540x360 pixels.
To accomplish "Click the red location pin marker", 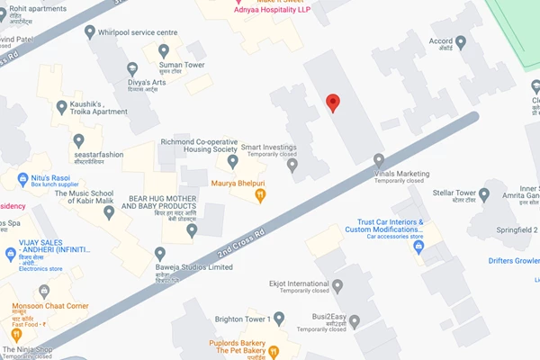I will point(332,103).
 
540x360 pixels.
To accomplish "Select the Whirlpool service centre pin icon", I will point(89,32).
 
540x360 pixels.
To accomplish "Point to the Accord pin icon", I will point(461,41).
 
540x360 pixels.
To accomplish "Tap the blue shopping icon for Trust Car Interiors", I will point(418,245).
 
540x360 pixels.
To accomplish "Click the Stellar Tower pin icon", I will point(485,193).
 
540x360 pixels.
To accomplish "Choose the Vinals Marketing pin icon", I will point(379,160).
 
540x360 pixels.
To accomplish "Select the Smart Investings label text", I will point(267,148).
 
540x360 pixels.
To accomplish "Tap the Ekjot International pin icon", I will point(337,286).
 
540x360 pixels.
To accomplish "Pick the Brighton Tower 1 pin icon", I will point(279,319).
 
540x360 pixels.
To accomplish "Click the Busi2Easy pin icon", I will point(355,320).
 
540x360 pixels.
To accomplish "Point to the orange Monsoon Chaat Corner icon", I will point(42,292).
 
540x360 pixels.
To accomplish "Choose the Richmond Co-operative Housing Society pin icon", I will point(233,162).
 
